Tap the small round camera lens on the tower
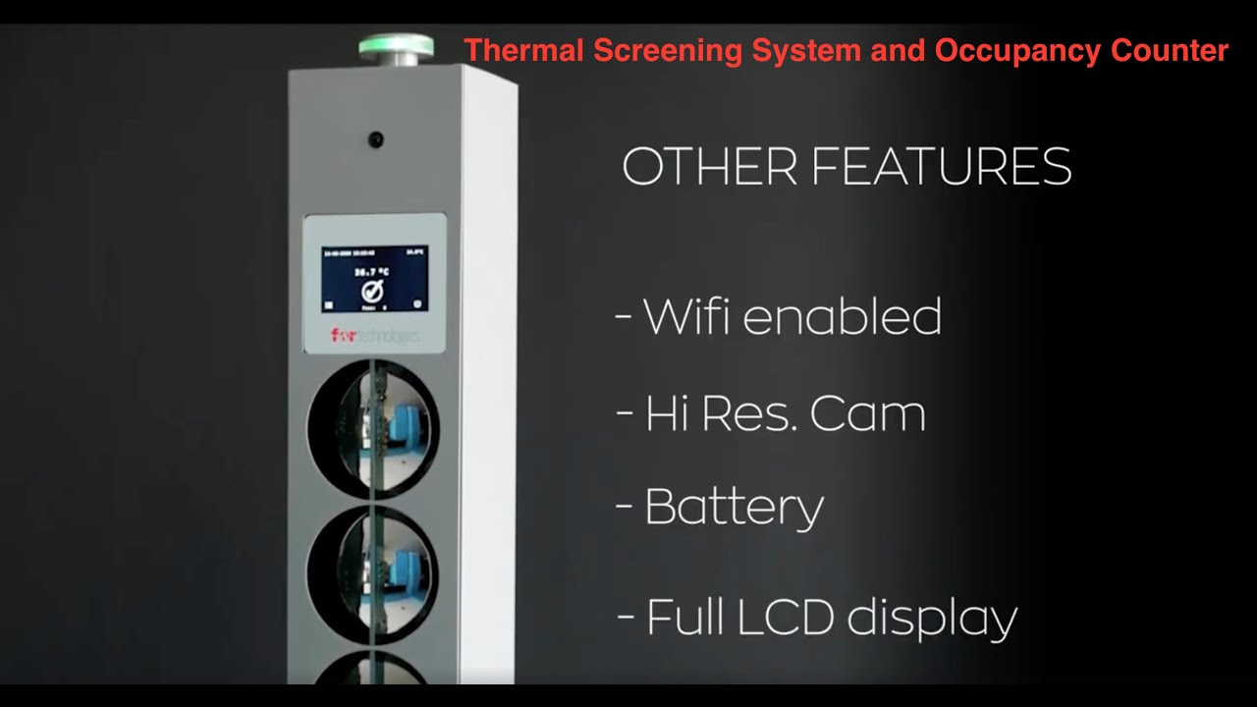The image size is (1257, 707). pos(376,138)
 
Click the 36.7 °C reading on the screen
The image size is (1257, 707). pos(370,272)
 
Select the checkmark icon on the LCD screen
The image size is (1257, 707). pos(372,292)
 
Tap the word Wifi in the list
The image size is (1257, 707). pos(693,317)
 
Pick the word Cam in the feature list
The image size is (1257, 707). pos(868,414)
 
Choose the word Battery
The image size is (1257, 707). pos(734,508)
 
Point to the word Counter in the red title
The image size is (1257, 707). pos(1170,51)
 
